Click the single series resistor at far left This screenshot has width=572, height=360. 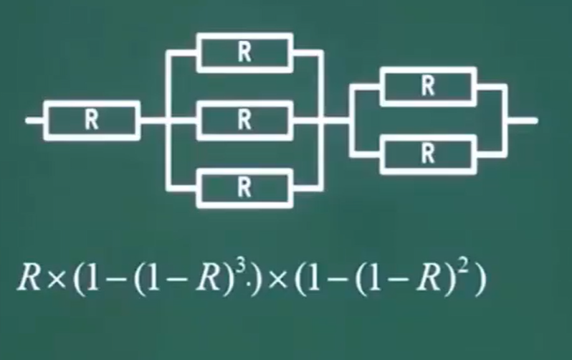click(x=92, y=120)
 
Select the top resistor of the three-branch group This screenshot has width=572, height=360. click(x=244, y=52)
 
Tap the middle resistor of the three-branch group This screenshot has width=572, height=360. click(x=244, y=120)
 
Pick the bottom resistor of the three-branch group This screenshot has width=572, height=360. click(x=244, y=188)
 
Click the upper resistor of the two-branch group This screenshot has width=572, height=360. click(x=428, y=86)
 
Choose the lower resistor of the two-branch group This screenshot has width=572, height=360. click(x=428, y=153)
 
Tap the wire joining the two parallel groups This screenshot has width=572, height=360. click(x=337, y=120)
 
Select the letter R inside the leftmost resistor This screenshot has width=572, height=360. click(x=92, y=120)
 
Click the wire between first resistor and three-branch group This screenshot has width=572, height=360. click(x=153, y=120)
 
